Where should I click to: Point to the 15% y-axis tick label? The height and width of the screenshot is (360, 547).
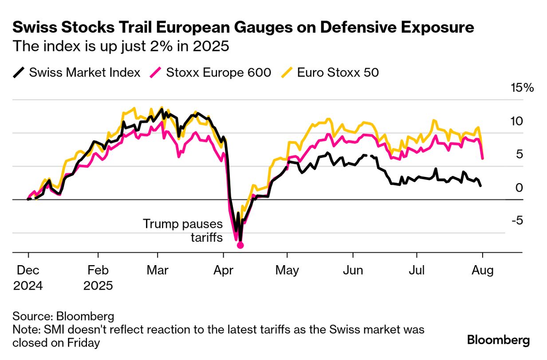[x=522, y=88]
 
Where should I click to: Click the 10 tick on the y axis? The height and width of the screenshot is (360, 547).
[x=518, y=121]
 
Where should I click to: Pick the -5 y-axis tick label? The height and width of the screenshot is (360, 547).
[x=517, y=220]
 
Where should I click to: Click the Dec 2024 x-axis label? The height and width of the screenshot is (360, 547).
[x=28, y=278]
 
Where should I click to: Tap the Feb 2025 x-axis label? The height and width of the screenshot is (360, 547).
[x=98, y=278]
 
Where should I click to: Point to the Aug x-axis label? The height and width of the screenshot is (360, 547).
[x=482, y=270]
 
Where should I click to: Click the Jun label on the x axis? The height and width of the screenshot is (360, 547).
[x=353, y=270]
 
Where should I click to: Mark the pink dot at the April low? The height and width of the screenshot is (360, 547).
[x=240, y=245]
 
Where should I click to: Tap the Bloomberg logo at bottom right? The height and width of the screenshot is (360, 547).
[x=498, y=340]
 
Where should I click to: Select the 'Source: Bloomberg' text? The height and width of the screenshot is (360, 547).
[x=63, y=317]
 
